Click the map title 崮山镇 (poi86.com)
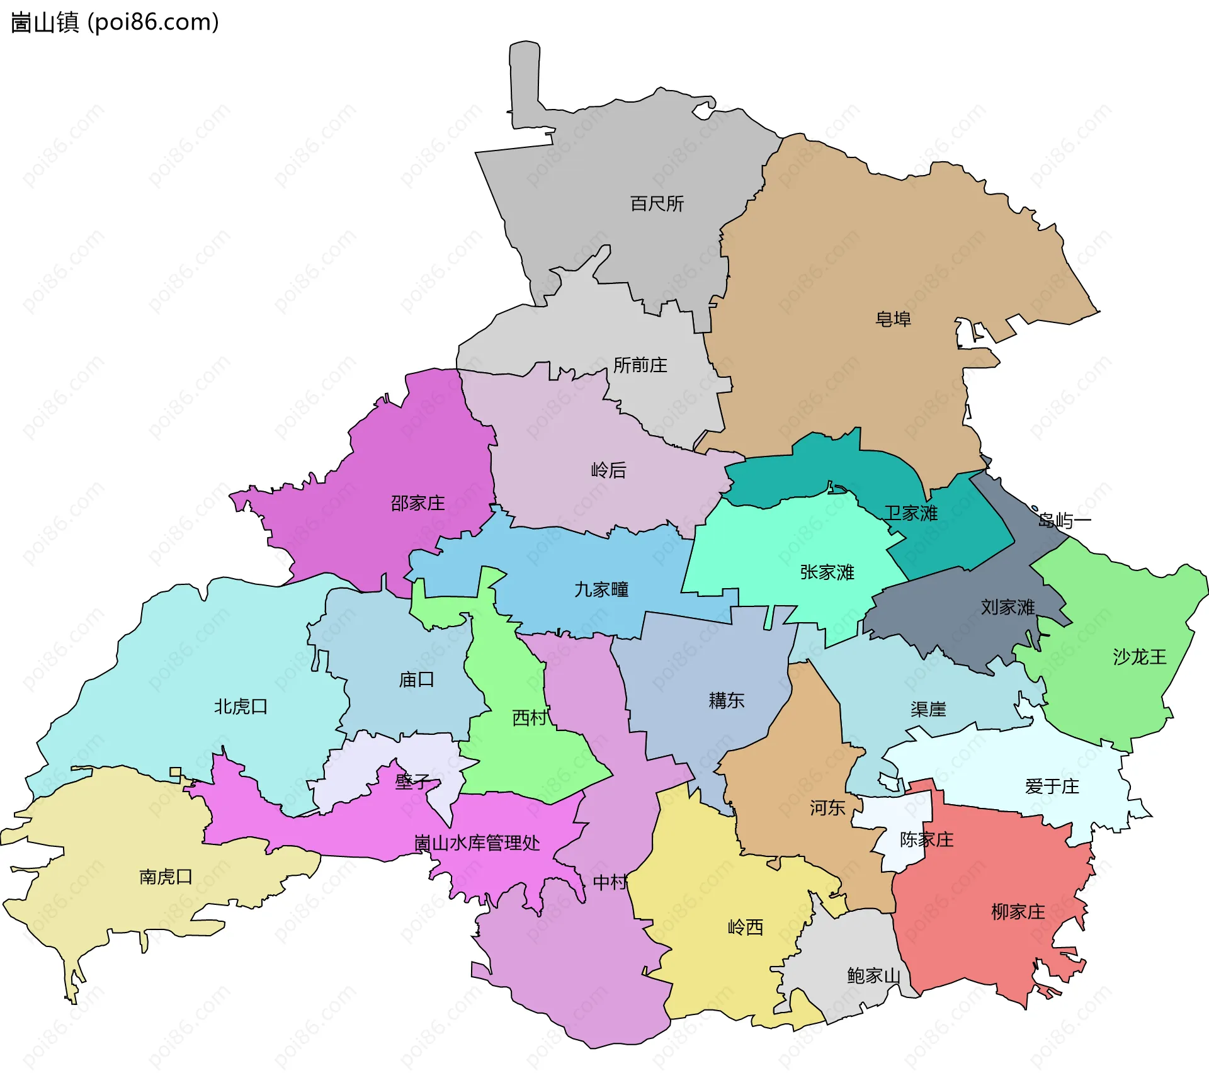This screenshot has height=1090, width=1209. (x=115, y=22)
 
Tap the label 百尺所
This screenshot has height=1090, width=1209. (x=657, y=203)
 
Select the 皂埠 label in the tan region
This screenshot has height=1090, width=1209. (x=893, y=319)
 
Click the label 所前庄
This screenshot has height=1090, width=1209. (x=640, y=365)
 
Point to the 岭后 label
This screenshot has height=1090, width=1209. (x=608, y=470)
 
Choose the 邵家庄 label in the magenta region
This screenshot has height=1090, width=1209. (x=417, y=503)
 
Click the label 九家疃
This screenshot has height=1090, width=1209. (x=601, y=589)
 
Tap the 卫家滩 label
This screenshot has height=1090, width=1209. (x=911, y=513)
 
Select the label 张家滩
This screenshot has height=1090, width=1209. (x=827, y=572)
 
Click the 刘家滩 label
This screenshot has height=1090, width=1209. (x=1007, y=607)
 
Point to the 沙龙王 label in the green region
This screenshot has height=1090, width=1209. (x=1139, y=657)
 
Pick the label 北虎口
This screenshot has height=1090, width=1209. (x=241, y=707)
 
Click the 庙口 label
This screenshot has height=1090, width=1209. (x=416, y=679)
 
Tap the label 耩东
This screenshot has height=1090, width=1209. (x=726, y=700)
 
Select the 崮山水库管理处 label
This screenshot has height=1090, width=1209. (x=477, y=843)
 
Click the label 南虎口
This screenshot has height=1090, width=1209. (x=166, y=877)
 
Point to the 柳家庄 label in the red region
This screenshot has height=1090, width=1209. (x=1018, y=912)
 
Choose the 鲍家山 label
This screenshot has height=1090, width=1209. (x=873, y=976)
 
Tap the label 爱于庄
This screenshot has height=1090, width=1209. (x=1052, y=786)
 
